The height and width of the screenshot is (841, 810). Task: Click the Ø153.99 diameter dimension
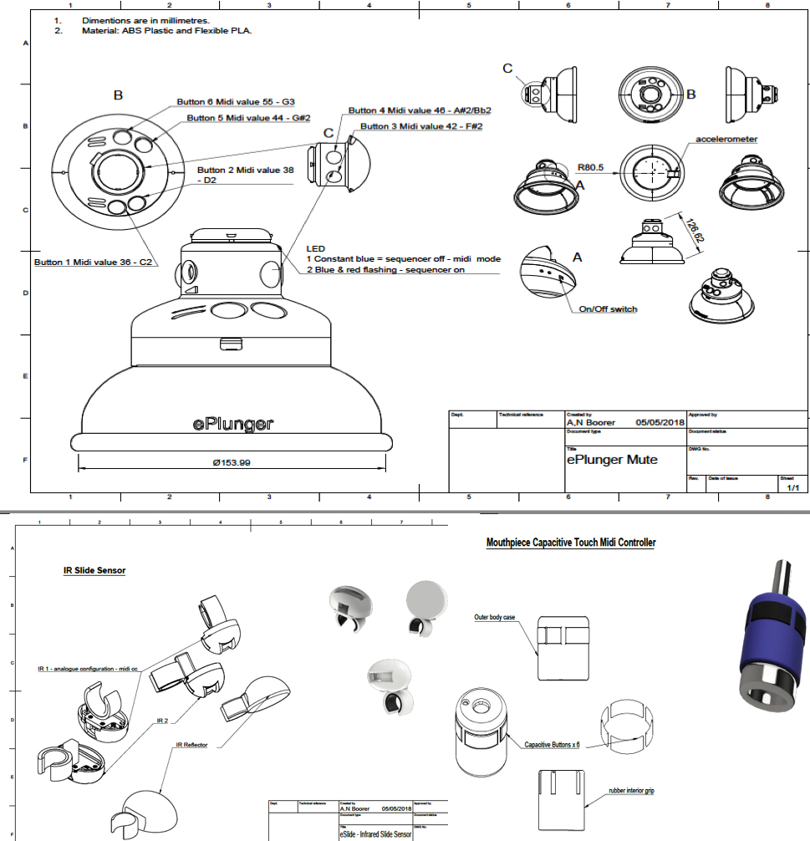coord(232,463)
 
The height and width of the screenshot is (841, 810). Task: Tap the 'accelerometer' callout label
coord(726,139)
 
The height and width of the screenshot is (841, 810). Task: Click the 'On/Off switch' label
coord(608,309)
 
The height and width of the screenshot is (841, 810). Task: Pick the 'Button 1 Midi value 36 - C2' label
coord(93,262)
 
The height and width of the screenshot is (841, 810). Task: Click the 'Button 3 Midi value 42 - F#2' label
coord(421,126)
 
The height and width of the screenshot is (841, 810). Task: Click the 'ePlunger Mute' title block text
coord(612,460)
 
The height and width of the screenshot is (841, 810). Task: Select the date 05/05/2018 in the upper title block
coord(660,423)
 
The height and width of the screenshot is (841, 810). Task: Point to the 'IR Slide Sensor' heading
coord(94,571)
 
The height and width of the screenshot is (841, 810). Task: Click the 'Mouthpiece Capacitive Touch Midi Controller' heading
coord(571,543)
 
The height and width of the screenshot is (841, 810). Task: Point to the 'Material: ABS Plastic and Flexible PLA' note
coord(166,30)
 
